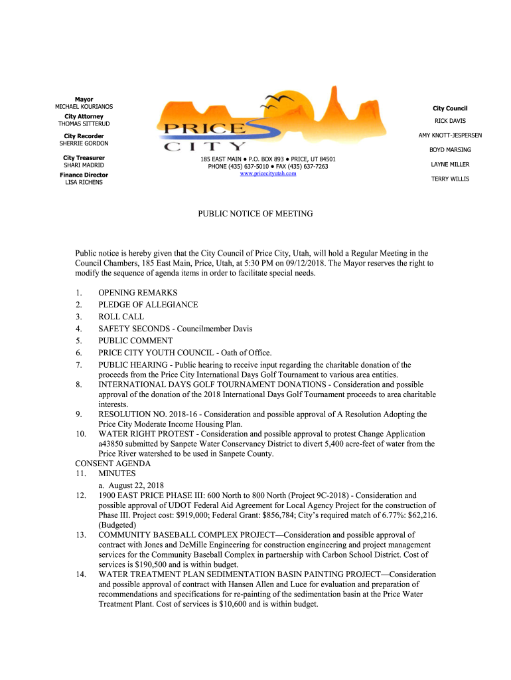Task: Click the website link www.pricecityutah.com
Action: [267, 173]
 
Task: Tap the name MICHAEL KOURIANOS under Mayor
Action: [84, 107]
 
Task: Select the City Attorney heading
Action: [84, 116]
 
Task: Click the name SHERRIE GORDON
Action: [84, 143]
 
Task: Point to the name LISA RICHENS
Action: [84, 182]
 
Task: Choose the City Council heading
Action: [450, 108]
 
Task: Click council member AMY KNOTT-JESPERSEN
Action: [450, 135]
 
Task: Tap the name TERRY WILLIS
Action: [450, 179]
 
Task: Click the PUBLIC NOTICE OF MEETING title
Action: [256, 214]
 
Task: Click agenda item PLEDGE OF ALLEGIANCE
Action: [148, 305]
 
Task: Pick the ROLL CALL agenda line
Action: [121, 317]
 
